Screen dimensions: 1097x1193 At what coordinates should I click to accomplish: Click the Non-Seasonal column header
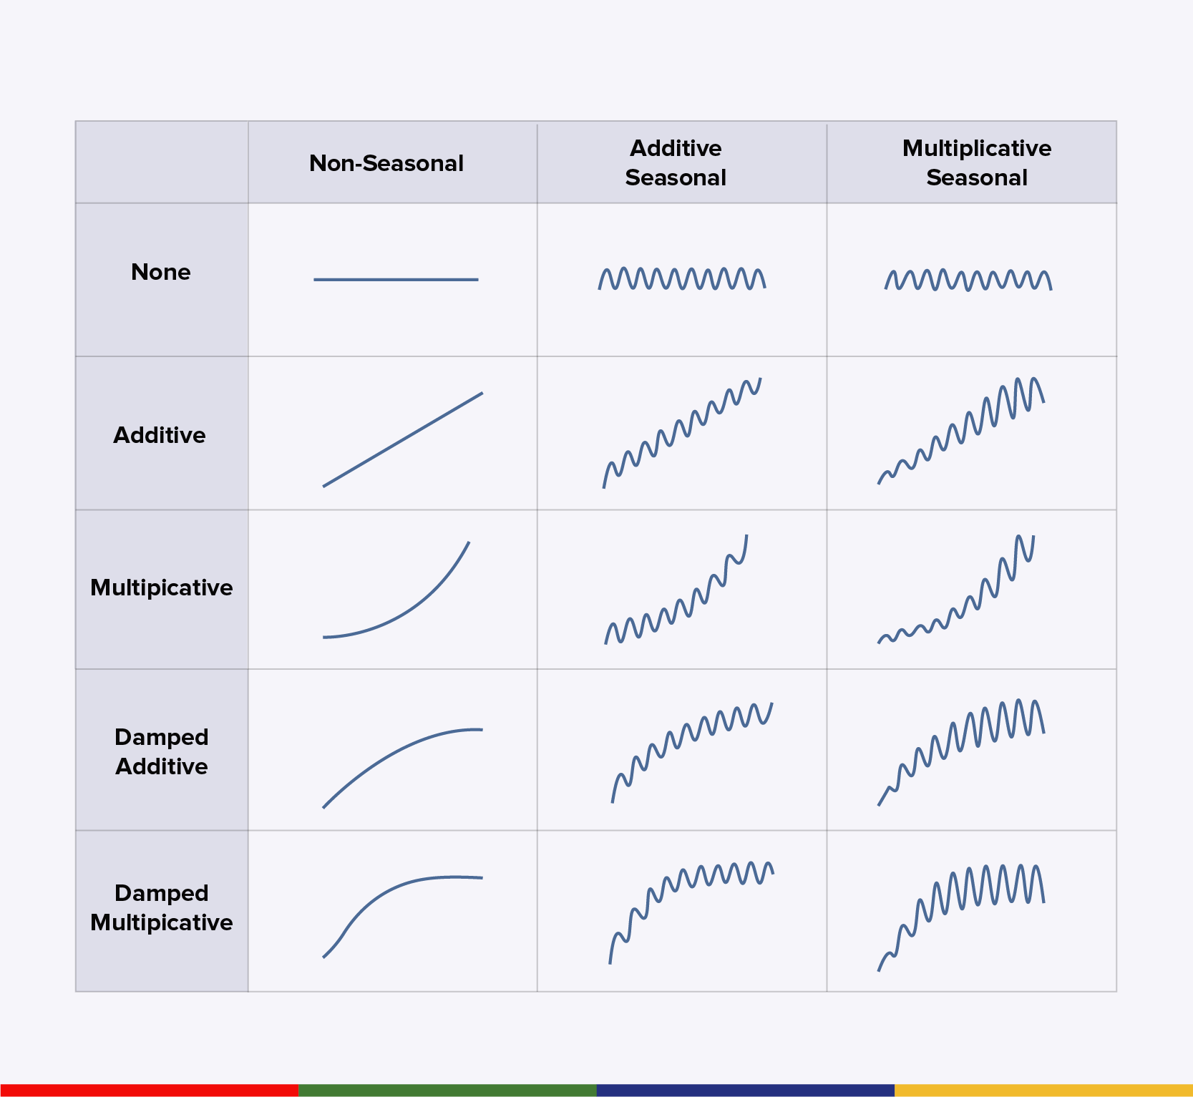coord(386,163)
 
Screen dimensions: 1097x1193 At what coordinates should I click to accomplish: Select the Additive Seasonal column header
coord(676,163)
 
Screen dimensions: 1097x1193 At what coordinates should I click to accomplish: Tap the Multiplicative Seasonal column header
coord(976,163)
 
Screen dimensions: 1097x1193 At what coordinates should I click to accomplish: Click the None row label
coord(161,272)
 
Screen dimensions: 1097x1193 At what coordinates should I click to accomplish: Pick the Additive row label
coord(160,435)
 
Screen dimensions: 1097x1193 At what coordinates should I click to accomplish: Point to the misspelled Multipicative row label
coord(162,587)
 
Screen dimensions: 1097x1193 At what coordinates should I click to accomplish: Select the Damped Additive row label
coord(162,751)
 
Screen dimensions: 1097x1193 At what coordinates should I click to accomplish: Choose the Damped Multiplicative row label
coord(162,907)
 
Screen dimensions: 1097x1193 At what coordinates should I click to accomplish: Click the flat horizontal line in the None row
coord(396,280)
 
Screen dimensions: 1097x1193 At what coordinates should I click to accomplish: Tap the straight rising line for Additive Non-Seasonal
coord(403,439)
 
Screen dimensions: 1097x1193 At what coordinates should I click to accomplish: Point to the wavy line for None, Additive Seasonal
coord(682,279)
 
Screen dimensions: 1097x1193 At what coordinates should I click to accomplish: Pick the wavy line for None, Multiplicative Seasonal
coord(968,281)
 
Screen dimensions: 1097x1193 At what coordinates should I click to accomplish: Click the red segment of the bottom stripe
coord(149,1090)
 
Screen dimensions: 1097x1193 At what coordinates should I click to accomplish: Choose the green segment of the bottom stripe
coord(447,1090)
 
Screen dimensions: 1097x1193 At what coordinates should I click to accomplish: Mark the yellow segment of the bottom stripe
coord(1043,1090)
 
